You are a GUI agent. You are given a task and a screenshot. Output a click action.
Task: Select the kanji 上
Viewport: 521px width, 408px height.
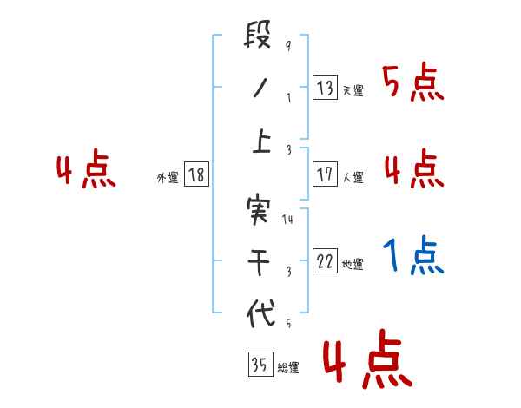coord(260,142)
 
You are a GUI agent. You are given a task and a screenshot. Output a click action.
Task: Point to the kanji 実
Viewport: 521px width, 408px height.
coord(260,211)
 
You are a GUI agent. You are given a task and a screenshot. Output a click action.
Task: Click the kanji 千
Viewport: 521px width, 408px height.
coord(260,262)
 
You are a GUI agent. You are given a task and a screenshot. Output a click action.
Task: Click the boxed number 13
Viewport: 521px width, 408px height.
coord(326,87)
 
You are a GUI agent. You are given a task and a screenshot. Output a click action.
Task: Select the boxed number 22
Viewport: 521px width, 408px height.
coord(326,261)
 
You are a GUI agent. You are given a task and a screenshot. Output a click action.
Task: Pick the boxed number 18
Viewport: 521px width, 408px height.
coord(196,174)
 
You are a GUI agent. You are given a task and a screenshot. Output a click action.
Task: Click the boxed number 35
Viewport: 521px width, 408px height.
coord(259,364)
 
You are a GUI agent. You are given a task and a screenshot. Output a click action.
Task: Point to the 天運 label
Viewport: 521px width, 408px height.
coord(353,90)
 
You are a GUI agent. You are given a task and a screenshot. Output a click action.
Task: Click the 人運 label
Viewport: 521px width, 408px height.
coord(353,177)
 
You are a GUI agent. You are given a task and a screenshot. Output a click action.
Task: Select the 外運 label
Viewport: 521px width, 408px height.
coord(167,177)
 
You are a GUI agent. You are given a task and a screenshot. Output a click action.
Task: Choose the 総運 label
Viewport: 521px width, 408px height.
coord(288,367)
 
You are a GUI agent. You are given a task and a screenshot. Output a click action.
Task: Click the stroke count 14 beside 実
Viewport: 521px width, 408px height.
coord(288,220)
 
